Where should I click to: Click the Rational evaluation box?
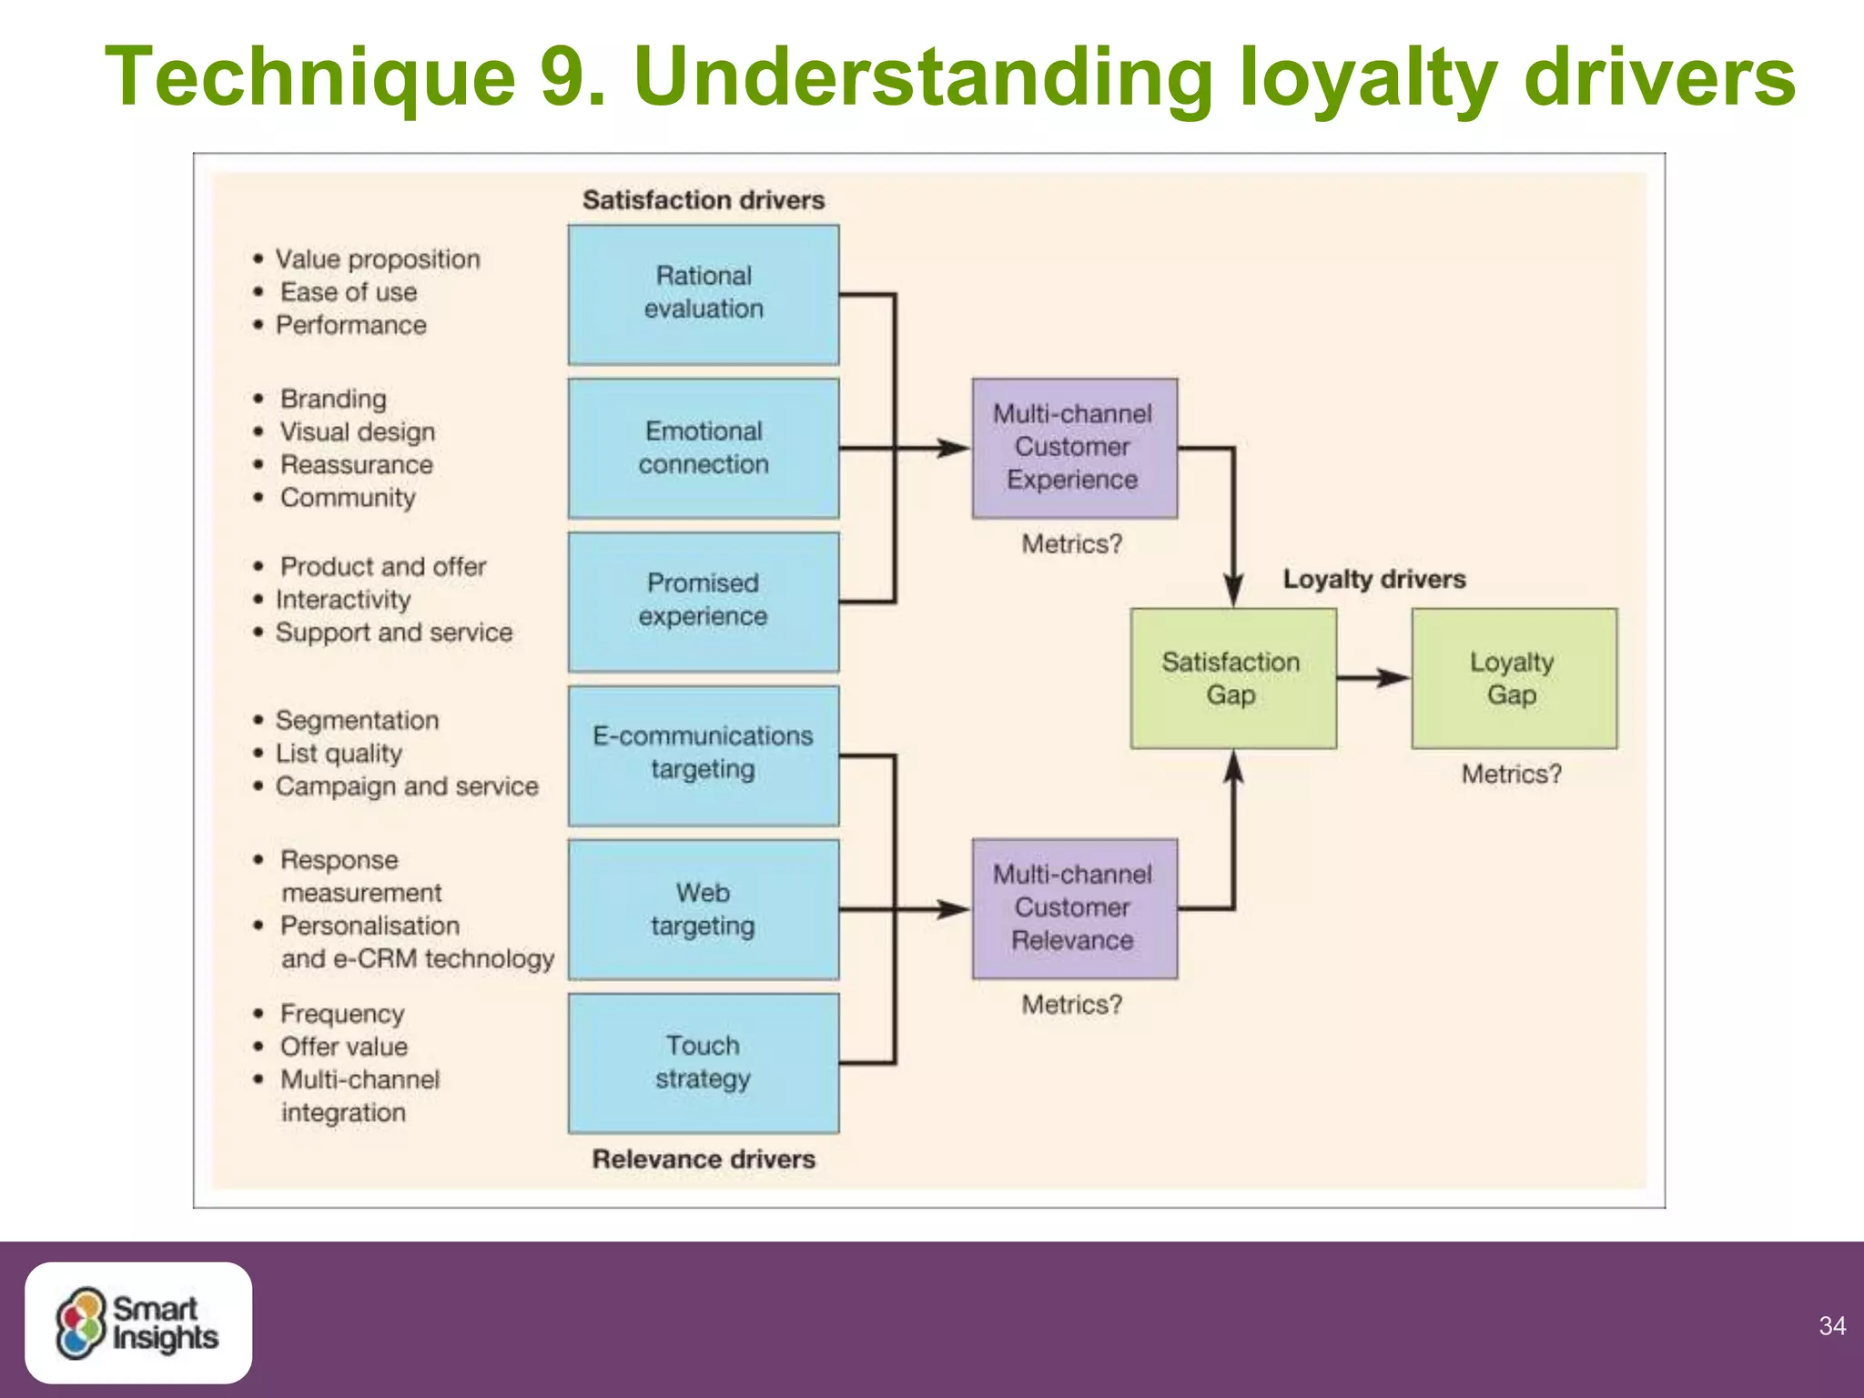click(704, 294)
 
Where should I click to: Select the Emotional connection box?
click(704, 448)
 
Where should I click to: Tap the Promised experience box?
click(704, 601)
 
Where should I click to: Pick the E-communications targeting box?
click(704, 755)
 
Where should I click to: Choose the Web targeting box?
click(704, 908)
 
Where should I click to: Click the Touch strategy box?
click(704, 1062)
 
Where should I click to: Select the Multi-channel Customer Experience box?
click(1074, 448)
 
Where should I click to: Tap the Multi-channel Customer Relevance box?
click(1074, 908)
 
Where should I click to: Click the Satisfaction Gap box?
click(1232, 678)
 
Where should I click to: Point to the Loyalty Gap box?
click(1514, 678)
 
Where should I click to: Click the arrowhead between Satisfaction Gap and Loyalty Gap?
click(1393, 678)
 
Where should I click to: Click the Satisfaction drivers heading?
click(704, 200)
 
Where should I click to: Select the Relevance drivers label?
click(704, 1160)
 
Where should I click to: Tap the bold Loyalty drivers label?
click(1374, 579)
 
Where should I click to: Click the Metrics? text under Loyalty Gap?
click(1512, 775)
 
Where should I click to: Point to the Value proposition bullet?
click(377, 259)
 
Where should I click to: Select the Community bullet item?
click(348, 498)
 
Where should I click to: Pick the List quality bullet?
click(339, 754)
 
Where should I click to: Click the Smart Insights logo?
click(138, 1322)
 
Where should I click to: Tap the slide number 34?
click(1832, 1326)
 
